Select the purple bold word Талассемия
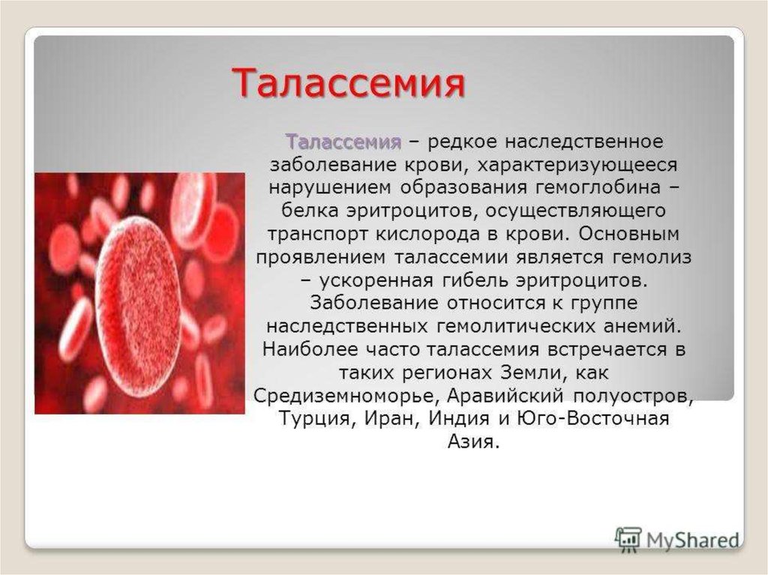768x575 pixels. tap(343, 142)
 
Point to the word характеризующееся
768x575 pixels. tap(577, 166)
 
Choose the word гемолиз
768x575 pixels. tap(651, 258)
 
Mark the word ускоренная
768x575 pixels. tap(376, 281)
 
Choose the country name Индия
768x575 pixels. tap(460, 419)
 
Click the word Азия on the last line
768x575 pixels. tap(473, 442)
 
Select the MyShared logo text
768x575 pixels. tap(692, 541)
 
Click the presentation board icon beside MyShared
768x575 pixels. tap(628, 540)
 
